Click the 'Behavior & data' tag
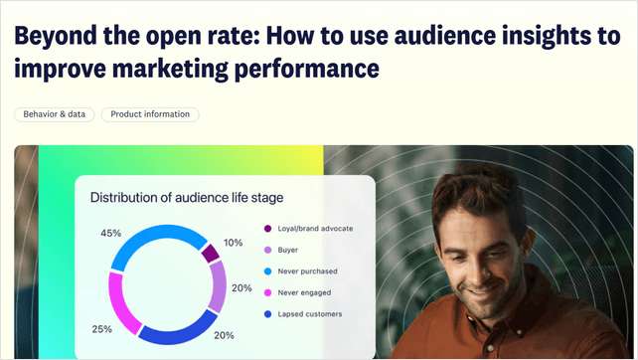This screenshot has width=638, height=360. click(55, 114)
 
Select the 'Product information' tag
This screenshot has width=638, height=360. click(150, 114)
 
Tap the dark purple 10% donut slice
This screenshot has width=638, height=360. click(210, 253)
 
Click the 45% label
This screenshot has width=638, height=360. click(111, 233)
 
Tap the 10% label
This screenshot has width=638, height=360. click(234, 243)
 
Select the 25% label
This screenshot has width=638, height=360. click(101, 329)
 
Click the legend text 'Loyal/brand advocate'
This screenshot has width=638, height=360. click(315, 229)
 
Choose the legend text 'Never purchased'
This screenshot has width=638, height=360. click(307, 271)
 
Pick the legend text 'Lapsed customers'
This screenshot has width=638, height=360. click(310, 314)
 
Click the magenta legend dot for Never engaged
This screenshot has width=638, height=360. click(268, 292)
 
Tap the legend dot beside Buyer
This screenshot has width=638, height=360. click(268, 250)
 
